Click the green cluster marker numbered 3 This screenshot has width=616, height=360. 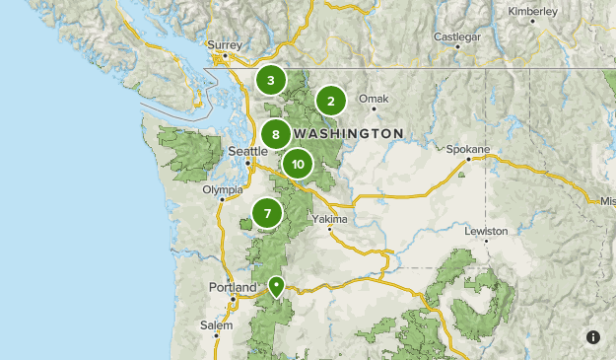(x=270, y=80)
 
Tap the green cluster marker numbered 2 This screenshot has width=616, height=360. (x=331, y=100)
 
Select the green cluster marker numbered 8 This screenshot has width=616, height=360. (x=276, y=135)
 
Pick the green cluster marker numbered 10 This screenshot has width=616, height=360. (x=297, y=164)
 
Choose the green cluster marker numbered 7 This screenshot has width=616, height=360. (x=266, y=213)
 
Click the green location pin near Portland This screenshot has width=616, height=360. (x=277, y=286)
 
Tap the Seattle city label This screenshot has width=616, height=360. (x=247, y=151)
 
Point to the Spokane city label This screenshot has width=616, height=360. (x=467, y=149)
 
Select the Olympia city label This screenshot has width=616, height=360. (x=222, y=189)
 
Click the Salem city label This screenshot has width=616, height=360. (x=217, y=324)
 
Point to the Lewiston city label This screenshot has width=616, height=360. (x=487, y=231)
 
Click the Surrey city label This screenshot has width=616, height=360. (x=224, y=44)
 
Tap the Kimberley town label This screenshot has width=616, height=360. (x=532, y=11)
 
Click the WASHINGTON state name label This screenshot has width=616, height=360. (x=349, y=133)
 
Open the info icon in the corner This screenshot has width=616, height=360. (x=592, y=337)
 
